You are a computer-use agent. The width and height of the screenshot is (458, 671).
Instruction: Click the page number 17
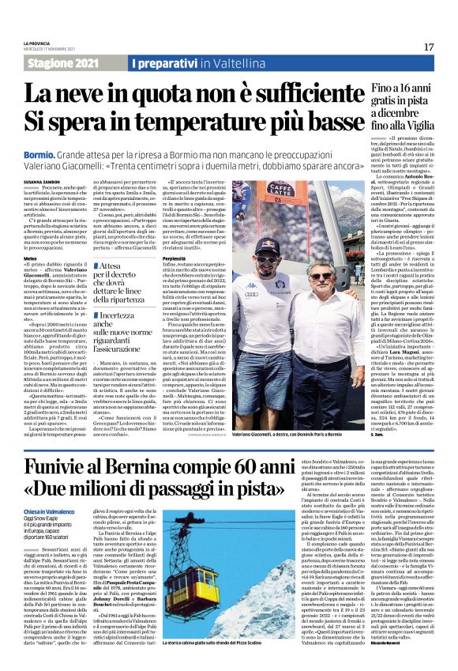(429, 47)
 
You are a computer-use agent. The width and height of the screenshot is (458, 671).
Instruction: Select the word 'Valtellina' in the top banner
(223, 62)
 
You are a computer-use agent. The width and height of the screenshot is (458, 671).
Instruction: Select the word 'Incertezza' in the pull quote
(118, 315)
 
